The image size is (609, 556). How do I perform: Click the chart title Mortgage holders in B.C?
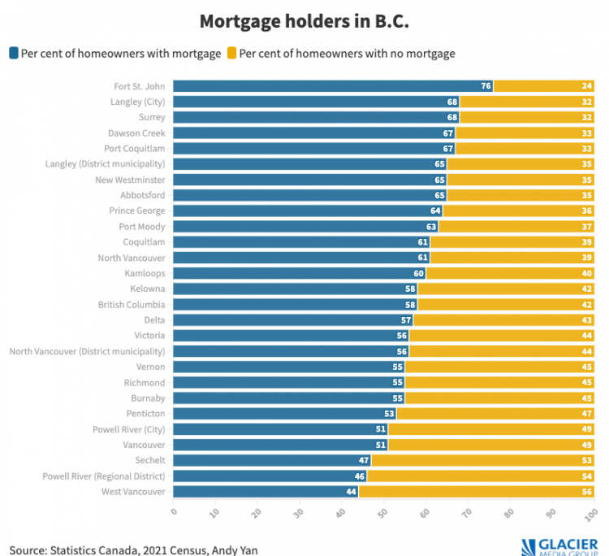304,20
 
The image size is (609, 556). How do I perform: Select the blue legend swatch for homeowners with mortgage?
14,54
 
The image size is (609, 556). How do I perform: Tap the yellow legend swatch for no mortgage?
231,54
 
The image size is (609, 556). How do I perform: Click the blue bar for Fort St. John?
325,86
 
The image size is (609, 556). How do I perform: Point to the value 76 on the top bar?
486,86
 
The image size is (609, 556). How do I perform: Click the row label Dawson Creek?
136,132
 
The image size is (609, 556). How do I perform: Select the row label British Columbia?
132,305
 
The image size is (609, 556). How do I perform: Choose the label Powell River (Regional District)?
104,476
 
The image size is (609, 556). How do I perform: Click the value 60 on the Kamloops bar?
419,274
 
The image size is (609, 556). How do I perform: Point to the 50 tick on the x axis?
382,514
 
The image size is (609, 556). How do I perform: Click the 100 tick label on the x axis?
591,515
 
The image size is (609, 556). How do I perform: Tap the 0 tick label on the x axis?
174,513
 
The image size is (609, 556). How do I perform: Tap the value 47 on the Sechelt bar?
364,461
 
